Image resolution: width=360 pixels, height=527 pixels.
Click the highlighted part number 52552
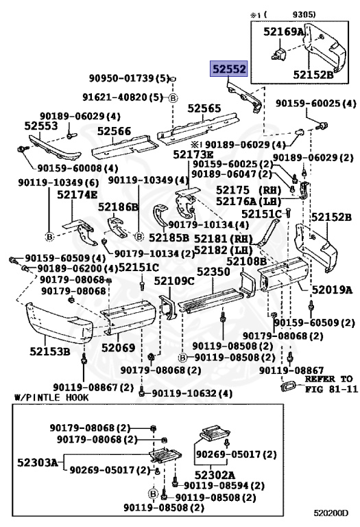click(228, 70)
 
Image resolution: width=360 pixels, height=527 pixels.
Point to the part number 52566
click(113, 130)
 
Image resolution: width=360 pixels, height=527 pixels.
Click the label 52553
click(40, 126)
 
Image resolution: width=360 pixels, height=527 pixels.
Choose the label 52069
click(118, 348)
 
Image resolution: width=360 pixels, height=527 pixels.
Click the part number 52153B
click(50, 353)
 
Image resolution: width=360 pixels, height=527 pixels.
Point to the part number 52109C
click(174, 281)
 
